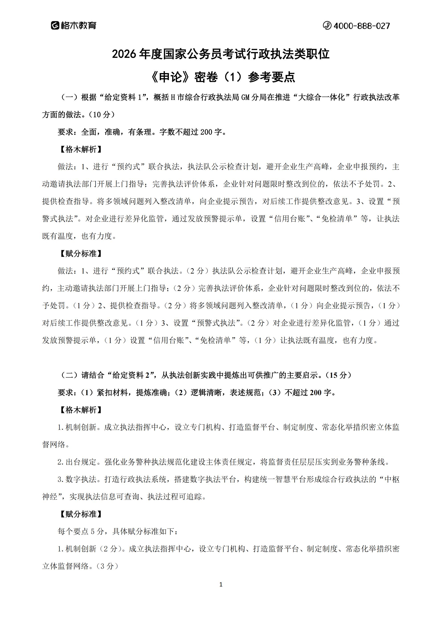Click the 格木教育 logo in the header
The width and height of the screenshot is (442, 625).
(74, 26)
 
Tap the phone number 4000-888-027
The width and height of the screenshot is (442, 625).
(361, 26)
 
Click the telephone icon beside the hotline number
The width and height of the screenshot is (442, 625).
(327, 26)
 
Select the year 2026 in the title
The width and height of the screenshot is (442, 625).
(124, 54)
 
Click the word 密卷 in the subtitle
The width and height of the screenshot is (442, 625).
(206, 77)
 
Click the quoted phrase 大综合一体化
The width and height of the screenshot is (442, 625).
(322, 98)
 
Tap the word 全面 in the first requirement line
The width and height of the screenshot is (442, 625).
(89, 132)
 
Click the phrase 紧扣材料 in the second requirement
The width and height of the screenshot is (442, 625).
(113, 392)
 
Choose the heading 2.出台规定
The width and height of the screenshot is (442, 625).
(77, 462)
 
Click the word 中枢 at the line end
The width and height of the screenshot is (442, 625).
(392, 479)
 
